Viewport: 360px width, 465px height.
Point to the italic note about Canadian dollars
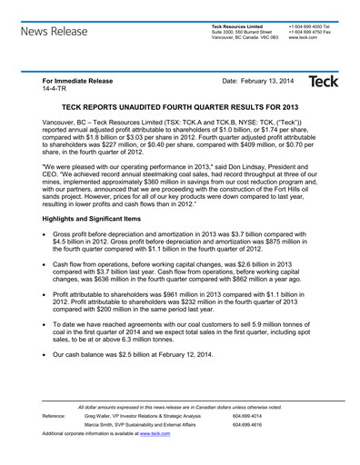(x=180, y=408)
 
